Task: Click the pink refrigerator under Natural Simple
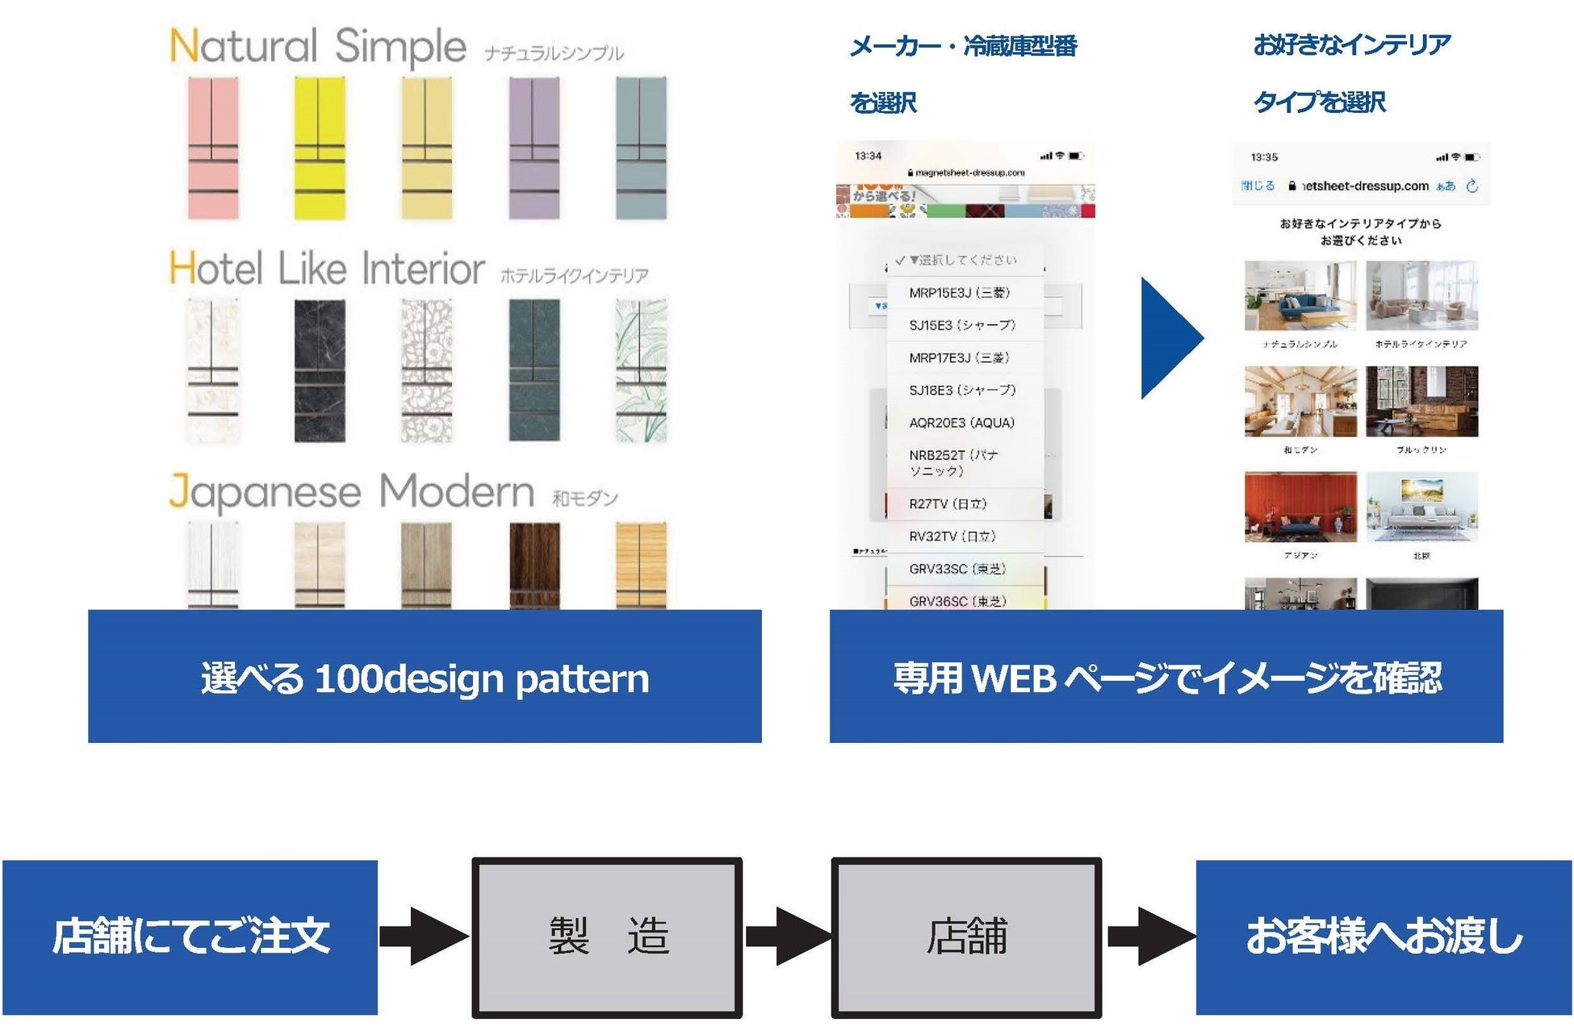coord(213,148)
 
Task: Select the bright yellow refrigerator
coord(320,148)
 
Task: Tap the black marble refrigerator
coord(320,370)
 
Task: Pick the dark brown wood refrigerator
coord(534,565)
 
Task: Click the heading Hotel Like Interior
coord(327,269)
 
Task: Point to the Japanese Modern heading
coord(351,491)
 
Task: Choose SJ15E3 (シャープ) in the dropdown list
coord(962,325)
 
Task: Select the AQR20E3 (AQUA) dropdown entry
coord(961,423)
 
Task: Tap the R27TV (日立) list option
coord(948,504)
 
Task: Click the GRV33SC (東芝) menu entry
coord(957,569)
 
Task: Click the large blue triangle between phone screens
coord(1168,338)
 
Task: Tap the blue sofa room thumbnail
coord(1300,295)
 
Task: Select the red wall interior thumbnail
coord(1300,507)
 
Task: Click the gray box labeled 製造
coord(607,937)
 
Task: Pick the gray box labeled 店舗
coord(966,937)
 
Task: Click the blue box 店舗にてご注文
coord(190,937)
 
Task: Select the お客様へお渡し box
coord(1384,937)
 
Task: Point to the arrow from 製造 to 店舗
coord(787,937)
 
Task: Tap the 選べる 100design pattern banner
coord(425,676)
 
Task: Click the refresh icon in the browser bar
coord(1472,186)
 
